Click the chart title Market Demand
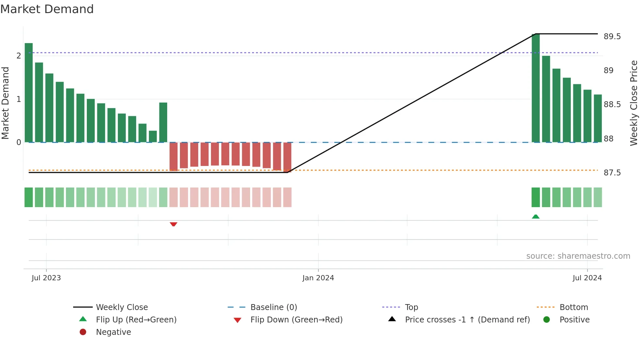pyautogui.click(x=47, y=9)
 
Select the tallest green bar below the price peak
pyautogui.click(x=536, y=88)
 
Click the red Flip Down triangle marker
pyautogui.click(x=173, y=224)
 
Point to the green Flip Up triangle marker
pyautogui.click(x=536, y=217)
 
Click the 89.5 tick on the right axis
pyautogui.click(x=612, y=37)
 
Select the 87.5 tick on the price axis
pyautogui.click(x=612, y=173)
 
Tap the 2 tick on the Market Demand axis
pyautogui.click(x=19, y=56)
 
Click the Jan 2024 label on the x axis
pyautogui.click(x=318, y=278)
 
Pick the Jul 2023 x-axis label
pyautogui.click(x=46, y=278)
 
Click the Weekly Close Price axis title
pyautogui.click(x=633, y=103)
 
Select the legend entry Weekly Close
pyautogui.click(x=121, y=307)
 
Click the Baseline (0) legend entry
pyautogui.click(x=273, y=307)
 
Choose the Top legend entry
pyautogui.click(x=411, y=307)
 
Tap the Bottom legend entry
pyautogui.click(x=573, y=307)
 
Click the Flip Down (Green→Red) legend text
pyautogui.click(x=296, y=320)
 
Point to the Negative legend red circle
pyautogui.click(x=83, y=332)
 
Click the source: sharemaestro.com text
pyautogui.click(x=578, y=256)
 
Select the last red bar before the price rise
pyautogui.click(x=287, y=157)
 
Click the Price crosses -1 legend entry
pyautogui.click(x=467, y=320)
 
